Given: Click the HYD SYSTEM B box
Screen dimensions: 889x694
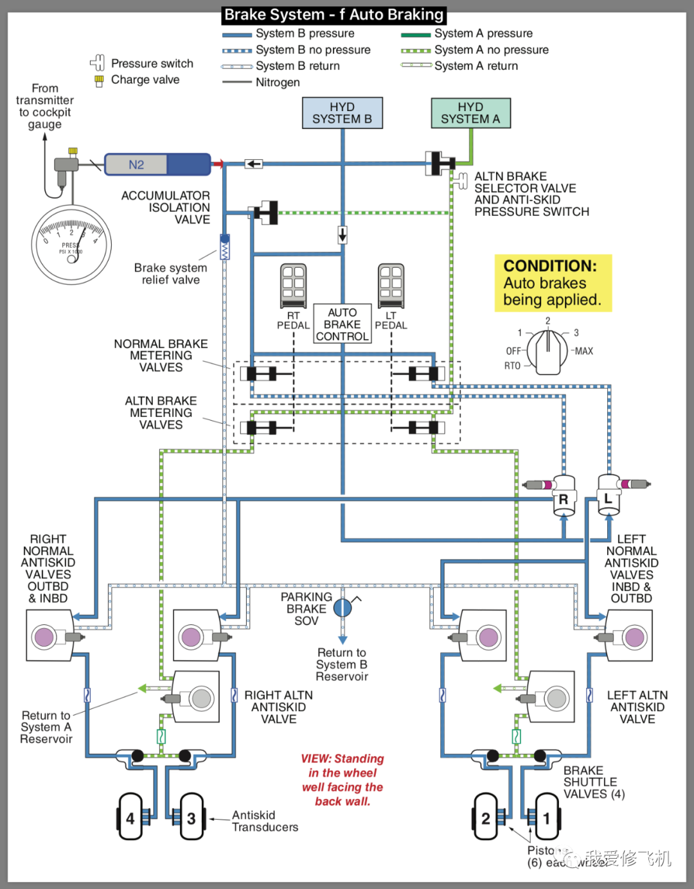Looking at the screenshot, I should pos(343,113).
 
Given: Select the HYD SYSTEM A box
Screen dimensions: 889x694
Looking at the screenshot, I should pos(470,113).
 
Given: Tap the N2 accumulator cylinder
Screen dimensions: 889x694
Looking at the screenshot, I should pos(157,164).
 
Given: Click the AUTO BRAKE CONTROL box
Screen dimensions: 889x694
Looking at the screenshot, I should pos(343,324).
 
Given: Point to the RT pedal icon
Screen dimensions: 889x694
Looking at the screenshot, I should pos(294,286).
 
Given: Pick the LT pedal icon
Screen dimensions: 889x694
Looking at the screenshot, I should pos(391,286).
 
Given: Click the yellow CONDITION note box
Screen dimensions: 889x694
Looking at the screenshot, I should pos(553,283).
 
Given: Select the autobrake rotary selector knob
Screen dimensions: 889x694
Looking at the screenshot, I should pos(547,352).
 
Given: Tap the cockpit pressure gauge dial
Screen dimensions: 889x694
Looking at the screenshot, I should pos(71,244).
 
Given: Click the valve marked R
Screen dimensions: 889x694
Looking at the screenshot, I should pos(564,497).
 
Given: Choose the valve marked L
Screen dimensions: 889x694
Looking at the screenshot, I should pos(608,495).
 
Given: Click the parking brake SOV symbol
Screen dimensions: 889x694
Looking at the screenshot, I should pos(343,607).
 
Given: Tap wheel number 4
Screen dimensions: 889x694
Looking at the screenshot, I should pos(130,817).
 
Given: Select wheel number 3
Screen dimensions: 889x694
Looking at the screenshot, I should pos(191,817).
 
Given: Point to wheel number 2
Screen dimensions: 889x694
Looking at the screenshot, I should pos(486,817).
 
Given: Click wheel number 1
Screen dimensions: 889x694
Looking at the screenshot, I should pos(547,817).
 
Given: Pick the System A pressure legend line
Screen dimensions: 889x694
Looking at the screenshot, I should pos(416,35).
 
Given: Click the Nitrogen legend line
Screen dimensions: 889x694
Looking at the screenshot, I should pos(236,82).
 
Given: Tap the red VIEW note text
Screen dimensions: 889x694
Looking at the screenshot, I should pos(343,780).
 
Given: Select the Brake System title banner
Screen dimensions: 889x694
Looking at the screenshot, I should pos(334,15).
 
